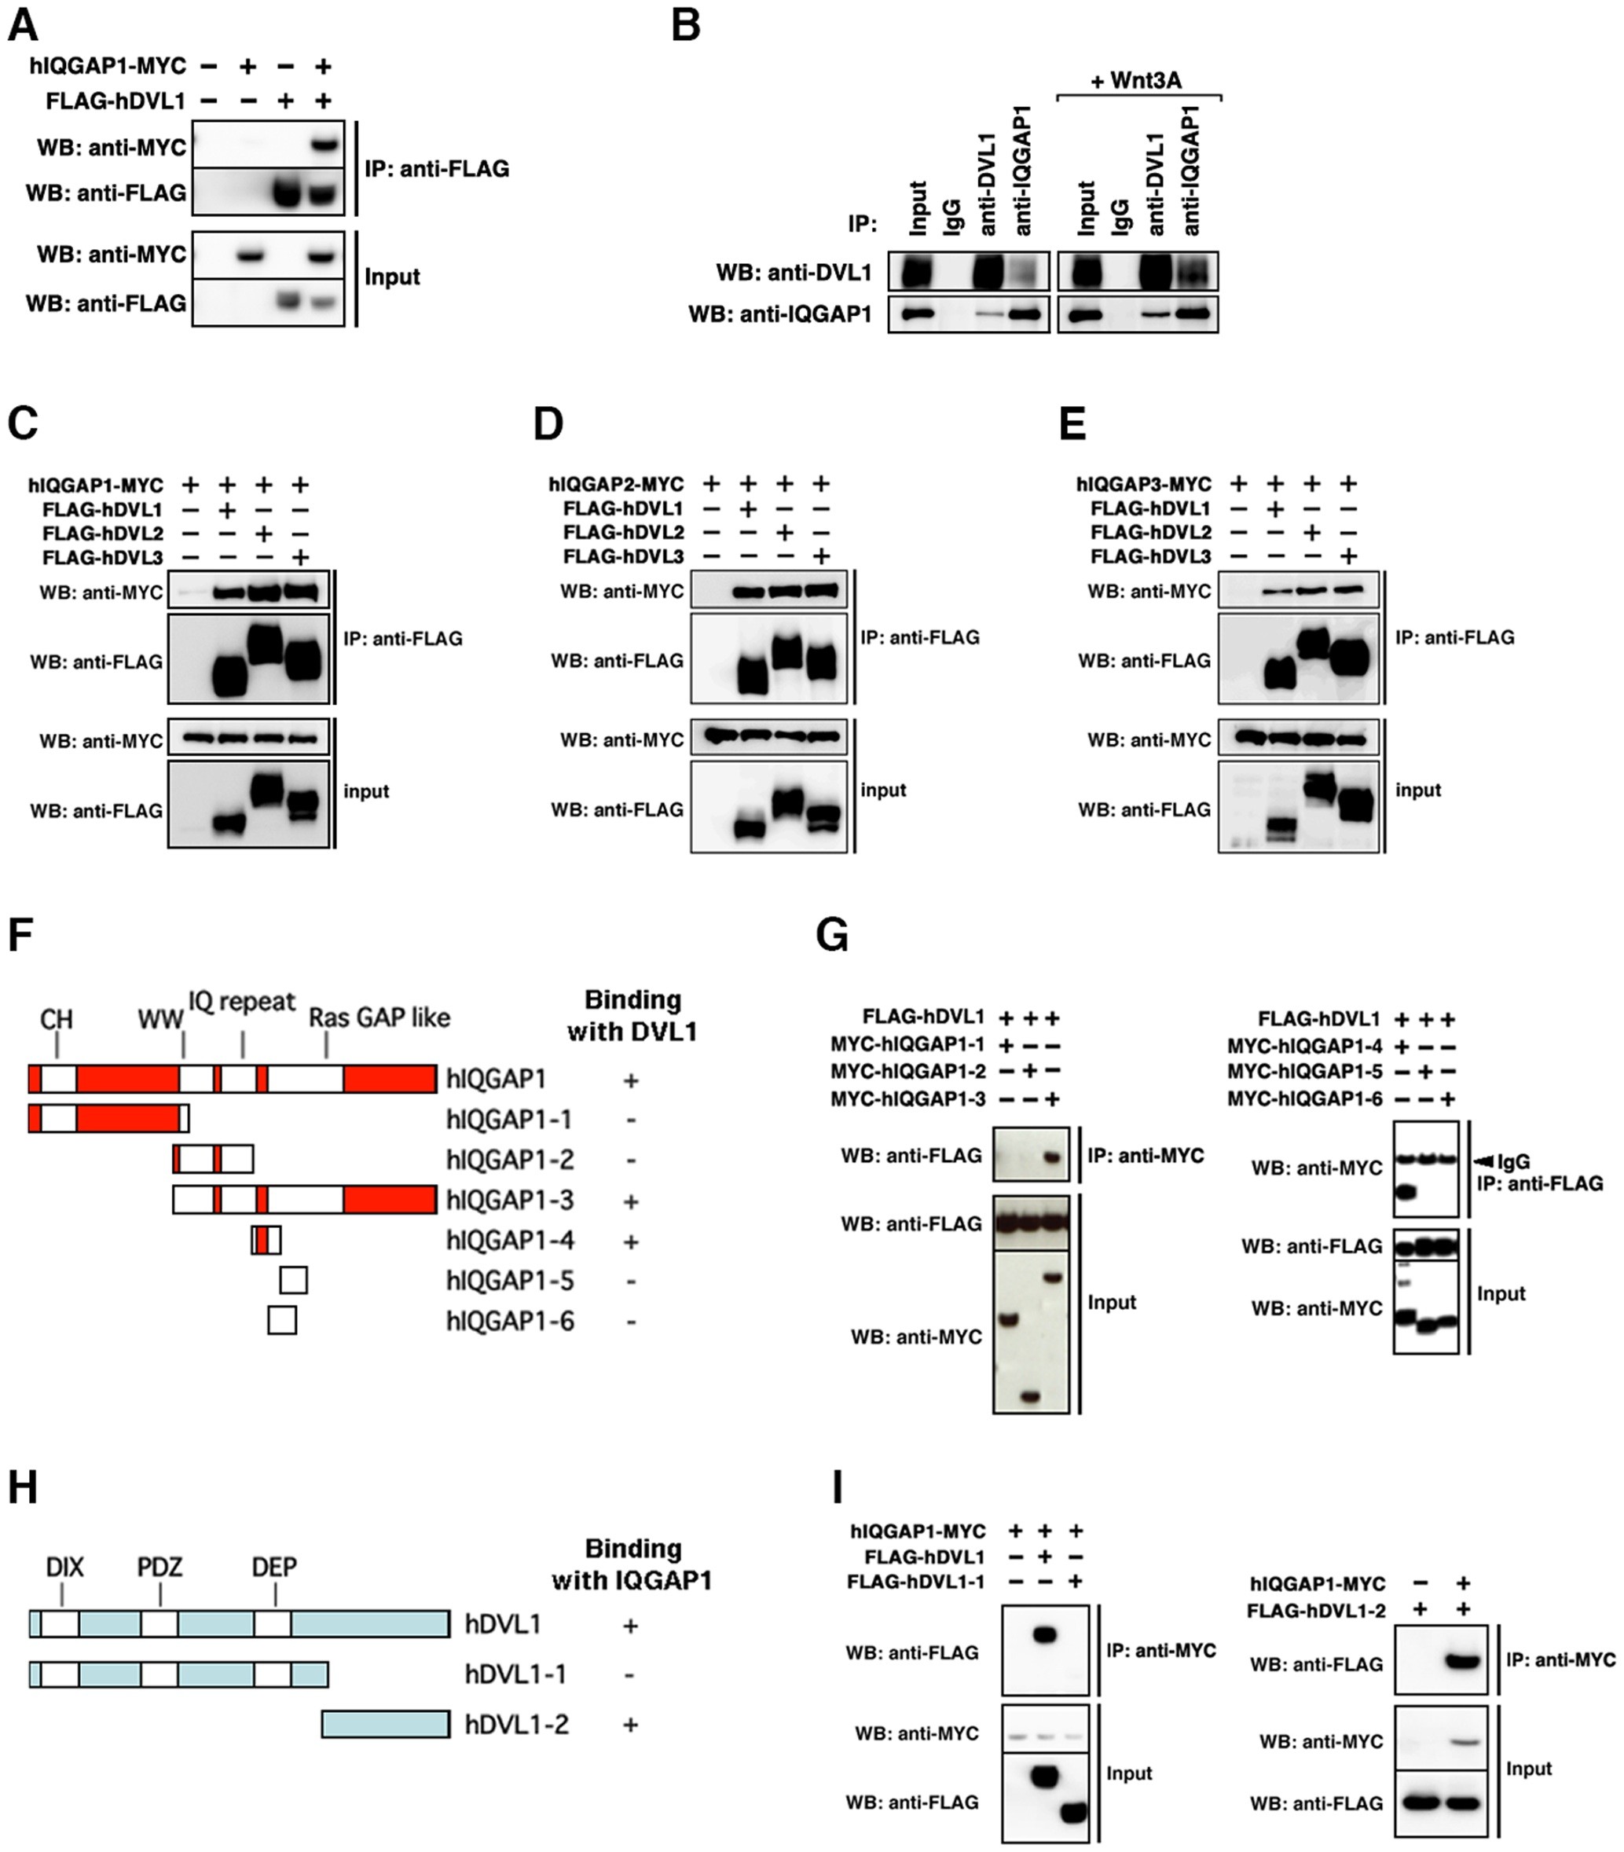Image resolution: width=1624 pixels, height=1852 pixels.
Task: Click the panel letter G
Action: (x=832, y=936)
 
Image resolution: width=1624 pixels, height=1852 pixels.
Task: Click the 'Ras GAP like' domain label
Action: (x=379, y=1018)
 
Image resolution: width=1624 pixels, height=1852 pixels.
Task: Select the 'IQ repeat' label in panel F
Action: (x=242, y=1001)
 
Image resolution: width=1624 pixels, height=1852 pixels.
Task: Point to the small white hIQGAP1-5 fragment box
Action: (x=294, y=1280)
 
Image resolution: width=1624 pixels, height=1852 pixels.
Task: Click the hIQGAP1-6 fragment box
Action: (x=282, y=1320)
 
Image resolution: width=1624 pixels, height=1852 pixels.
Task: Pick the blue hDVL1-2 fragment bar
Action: (x=386, y=1723)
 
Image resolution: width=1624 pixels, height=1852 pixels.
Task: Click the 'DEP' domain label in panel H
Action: (x=274, y=1567)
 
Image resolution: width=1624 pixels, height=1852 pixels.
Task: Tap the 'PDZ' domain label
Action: (x=160, y=1567)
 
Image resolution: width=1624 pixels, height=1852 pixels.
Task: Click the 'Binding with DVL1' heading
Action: (x=632, y=1016)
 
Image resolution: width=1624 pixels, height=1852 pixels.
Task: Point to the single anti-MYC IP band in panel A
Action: (x=324, y=145)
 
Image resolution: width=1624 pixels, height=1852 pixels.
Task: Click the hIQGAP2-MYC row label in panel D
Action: (x=616, y=484)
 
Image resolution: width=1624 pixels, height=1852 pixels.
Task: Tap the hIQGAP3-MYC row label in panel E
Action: (x=1143, y=484)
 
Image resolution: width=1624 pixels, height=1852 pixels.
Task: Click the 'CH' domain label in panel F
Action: (x=56, y=1020)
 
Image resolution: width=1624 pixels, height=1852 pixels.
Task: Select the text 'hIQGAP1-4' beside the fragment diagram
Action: (x=509, y=1241)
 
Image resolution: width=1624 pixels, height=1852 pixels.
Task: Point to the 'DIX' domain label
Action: (x=65, y=1567)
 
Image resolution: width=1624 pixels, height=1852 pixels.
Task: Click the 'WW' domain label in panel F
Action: (x=159, y=1020)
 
